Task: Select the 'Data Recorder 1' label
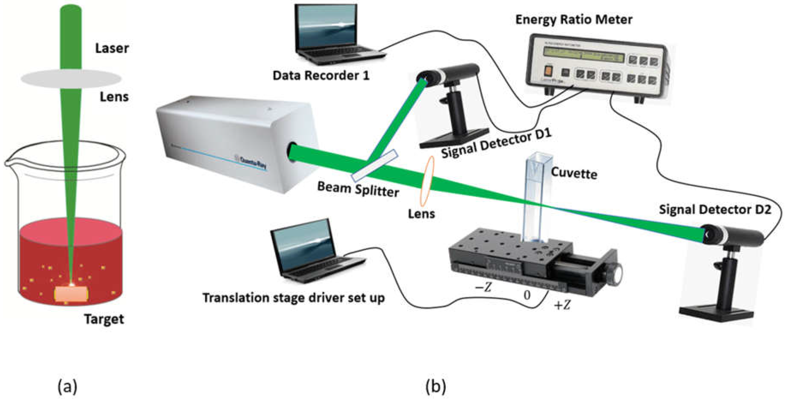tap(321, 75)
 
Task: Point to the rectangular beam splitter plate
tap(375, 165)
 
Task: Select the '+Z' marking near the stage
tap(562, 305)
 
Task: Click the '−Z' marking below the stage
tap(484, 287)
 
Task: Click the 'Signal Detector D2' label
tap(715, 210)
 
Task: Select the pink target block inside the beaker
tap(71, 294)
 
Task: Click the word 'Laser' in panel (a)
tap(112, 48)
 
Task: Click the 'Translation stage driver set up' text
tap(294, 298)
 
